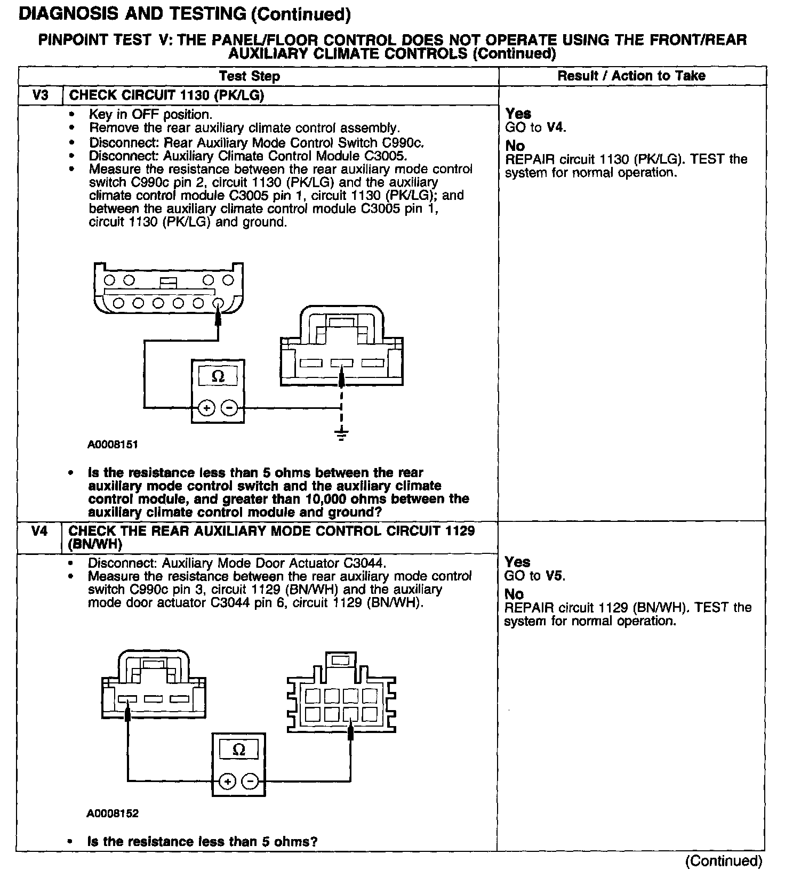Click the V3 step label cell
[39, 95]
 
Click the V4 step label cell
[39, 531]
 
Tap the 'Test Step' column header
[249, 76]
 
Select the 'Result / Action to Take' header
[631, 76]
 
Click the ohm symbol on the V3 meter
[218, 376]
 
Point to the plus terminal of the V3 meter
[206, 408]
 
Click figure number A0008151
[113, 444]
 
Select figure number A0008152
[113, 813]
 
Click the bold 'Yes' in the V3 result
[518, 114]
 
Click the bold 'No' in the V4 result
[514, 594]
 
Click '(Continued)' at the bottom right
[724, 861]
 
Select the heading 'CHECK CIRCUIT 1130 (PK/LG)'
[167, 95]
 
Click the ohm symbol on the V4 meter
[239, 750]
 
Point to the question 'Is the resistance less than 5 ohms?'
[202, 842]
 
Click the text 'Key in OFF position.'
[150, 114]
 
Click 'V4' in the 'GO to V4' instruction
[556, 127]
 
